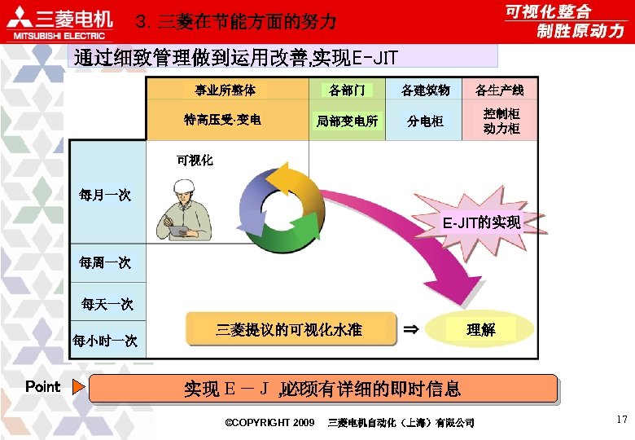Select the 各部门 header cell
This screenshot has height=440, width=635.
point(347,90)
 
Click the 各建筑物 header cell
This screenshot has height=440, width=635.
point(426,90)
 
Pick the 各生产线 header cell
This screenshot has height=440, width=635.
point(499,90)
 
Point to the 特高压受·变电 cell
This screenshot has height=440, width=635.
point(222,120)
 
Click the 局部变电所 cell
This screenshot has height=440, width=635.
point(347,121)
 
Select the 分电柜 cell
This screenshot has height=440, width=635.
point(426,121)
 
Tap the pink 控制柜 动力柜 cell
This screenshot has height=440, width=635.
point(501,121)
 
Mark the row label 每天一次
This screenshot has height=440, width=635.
point(107,304)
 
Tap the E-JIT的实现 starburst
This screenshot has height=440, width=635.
point(480,221)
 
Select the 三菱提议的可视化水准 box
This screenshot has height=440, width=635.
point(288,329)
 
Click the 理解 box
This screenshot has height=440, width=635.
point(480,329)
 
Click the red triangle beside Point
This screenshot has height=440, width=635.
point(78,387)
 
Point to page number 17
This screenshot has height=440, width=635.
point(621,420)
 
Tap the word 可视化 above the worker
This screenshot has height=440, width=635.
point(195,161)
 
